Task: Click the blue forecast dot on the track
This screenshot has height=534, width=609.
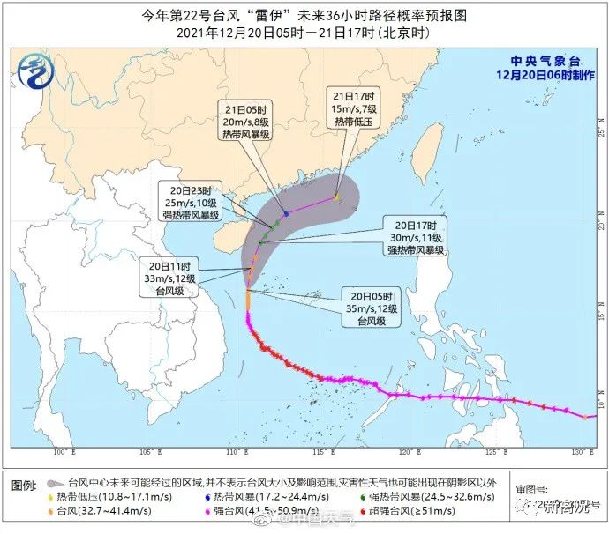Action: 286,213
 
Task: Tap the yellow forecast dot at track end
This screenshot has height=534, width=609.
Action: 336,197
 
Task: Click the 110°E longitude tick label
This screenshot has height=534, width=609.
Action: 233,452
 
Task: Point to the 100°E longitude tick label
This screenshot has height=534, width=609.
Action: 59,452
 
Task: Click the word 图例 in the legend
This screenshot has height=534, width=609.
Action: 23,484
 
